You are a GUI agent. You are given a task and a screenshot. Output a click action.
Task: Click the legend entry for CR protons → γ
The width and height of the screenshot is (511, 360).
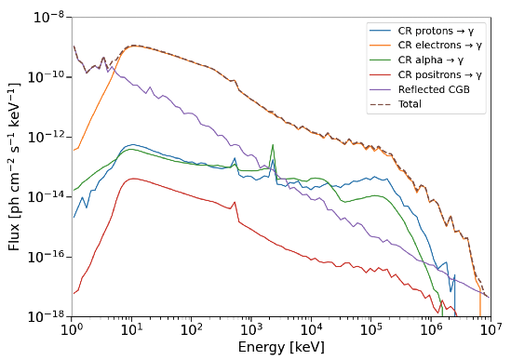click(436, 31)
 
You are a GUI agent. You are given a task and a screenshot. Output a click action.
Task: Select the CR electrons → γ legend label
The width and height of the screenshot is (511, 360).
click(439, 46)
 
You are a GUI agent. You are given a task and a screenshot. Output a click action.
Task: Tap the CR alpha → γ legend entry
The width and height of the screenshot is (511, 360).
click(431, 60)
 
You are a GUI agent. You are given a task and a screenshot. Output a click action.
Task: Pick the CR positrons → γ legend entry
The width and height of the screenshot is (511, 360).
click(439, 75)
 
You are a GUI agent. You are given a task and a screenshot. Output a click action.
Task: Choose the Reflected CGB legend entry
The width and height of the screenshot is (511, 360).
click(434, 89)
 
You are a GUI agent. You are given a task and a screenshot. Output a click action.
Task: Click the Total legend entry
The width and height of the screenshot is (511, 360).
click(410, 104)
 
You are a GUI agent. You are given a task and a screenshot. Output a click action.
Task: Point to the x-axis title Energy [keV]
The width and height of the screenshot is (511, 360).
click(281, 347)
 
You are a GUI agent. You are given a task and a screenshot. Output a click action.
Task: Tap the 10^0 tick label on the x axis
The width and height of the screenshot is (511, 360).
click(72, 330)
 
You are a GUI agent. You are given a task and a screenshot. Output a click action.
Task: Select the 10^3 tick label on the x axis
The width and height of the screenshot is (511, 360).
click(251, 330)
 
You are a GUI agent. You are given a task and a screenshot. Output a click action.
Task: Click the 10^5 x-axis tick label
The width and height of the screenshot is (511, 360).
click(370, 330)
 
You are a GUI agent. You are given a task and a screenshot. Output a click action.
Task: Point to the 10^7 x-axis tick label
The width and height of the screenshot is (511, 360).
click(491, 330)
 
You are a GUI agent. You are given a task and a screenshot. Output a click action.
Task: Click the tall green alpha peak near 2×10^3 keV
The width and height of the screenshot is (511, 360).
click(273, 145)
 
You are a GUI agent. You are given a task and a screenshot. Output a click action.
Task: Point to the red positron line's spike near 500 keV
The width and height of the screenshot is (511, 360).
click(235, 202)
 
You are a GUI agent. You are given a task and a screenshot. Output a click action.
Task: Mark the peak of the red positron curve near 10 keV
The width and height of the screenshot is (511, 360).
click(132, 179)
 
